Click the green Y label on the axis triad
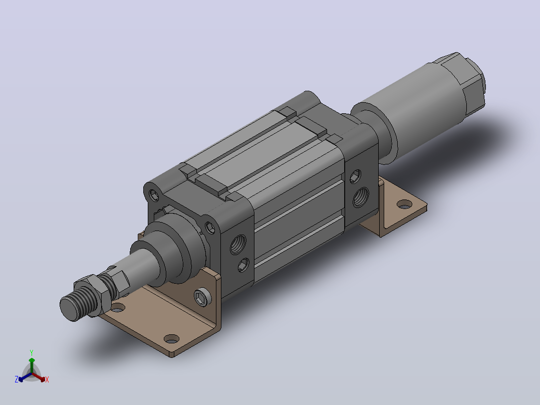(x=32, y=352)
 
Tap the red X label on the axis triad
(x=47, y=379)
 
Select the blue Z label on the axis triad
(x=17, y=379)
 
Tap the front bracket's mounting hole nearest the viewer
(x=171, y=338)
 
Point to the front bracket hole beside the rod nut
(x=117, y=307)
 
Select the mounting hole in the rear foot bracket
(x=404, y=205)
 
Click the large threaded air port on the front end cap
(x=238, y=244)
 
